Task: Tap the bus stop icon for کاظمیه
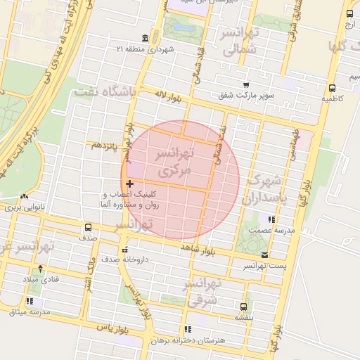pos(332,89)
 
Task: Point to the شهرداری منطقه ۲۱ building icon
pos(145,38)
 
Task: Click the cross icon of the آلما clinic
pos(130,184)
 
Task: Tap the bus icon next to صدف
pos(89,227)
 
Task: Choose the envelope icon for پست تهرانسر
pos(264,255)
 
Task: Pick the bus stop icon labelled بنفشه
pos(243,307)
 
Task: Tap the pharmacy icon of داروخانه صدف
pos(125,250)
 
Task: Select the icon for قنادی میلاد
pos(40,269)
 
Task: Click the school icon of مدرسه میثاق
pos(30,301)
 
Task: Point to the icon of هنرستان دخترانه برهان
pos(187,329)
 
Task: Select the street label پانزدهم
pos(102,145)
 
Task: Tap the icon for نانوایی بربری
pos(25,197)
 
